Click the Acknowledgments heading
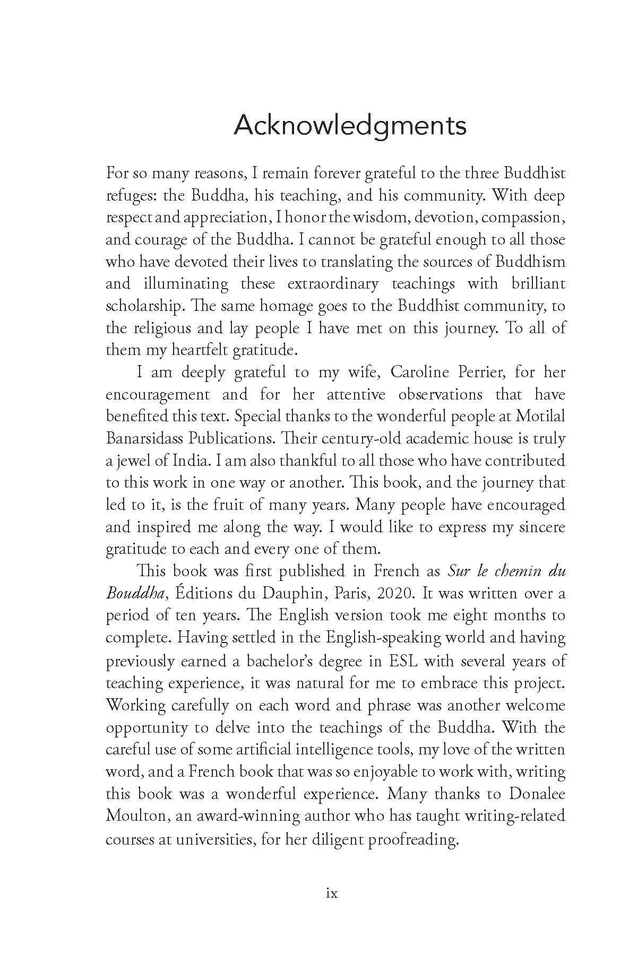tap(350, 126)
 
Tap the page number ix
tap(332, 893)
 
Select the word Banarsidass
tap(142, 439)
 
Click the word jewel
tap(128, 461)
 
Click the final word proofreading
tap(412, 839)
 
